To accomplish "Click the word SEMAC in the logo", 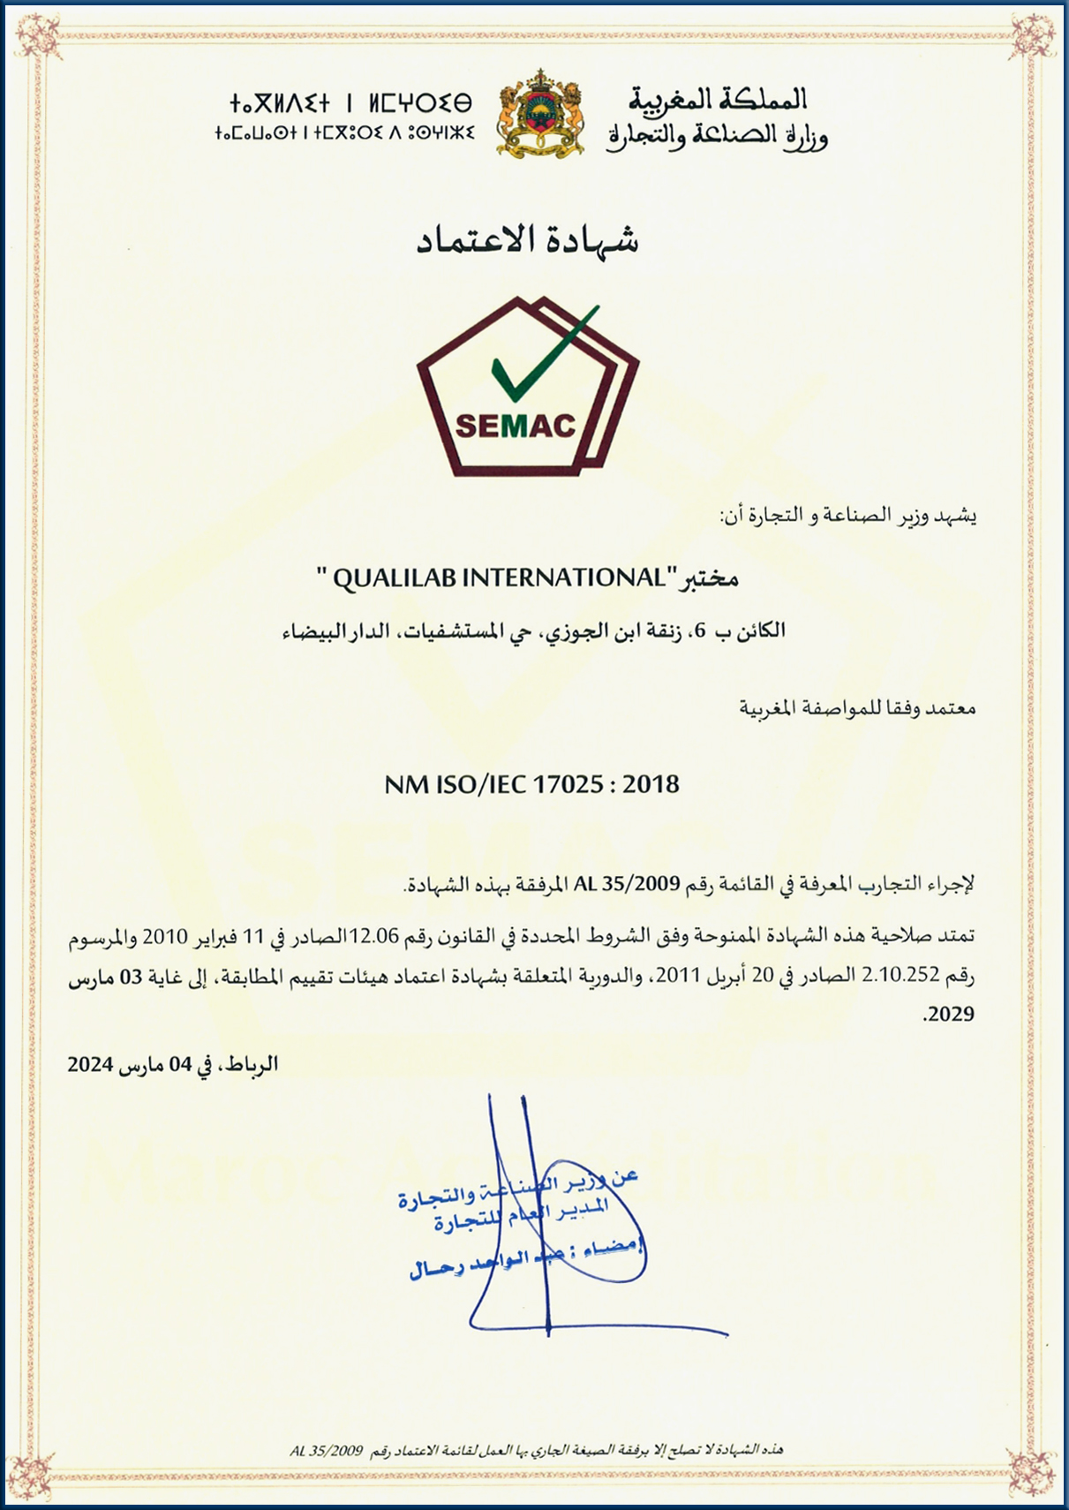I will pos(516,426).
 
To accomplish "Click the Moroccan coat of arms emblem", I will pos(540,115).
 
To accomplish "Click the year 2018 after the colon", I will pos(651,784).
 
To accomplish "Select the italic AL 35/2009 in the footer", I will pos(327,1451).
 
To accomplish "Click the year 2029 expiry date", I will pos(951,1015).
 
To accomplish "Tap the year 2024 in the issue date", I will pos(90,1065).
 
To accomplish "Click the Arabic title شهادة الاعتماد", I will pos(528,240).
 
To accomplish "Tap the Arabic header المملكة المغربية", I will pos(717,99).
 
